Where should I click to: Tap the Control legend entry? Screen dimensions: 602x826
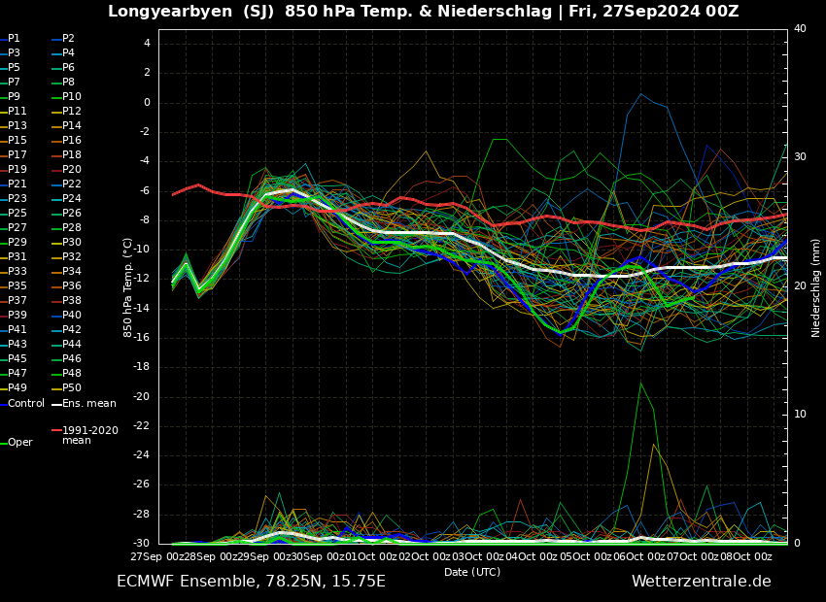25,403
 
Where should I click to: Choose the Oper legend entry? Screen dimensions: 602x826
19,443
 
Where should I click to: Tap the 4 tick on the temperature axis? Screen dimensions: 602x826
147,43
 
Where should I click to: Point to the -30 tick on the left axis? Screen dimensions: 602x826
142,544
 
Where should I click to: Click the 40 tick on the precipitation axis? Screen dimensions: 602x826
800,29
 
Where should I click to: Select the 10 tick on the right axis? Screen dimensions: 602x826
800,415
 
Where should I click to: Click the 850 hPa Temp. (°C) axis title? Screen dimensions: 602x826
127,286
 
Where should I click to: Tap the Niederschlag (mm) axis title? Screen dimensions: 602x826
816,287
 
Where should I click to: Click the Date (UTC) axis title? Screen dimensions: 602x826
472,573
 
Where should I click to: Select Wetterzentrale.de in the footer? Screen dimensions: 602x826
701,582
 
